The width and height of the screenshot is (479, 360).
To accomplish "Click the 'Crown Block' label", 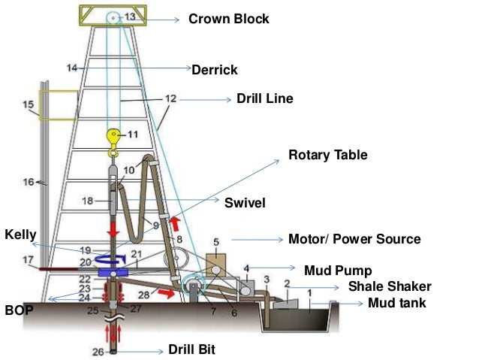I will point(228,19).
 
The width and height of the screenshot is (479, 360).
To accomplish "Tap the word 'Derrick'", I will point(215,70).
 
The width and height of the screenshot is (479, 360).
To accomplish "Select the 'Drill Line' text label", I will point(264,98).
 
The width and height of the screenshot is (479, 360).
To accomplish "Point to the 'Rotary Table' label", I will point(328,156).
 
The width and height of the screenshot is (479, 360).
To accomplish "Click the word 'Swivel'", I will point(246,202).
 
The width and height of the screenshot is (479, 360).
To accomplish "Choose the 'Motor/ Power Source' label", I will point(354,239).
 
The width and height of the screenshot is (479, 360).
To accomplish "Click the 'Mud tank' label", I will point(397,304).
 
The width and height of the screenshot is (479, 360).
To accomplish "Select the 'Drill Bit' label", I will point(191,349).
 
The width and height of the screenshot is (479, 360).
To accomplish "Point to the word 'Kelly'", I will point(21,235).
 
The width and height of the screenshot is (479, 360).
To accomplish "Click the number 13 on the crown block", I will point(131,15).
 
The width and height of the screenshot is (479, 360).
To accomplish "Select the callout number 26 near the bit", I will point(98,349).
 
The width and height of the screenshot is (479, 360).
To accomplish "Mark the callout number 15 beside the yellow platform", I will point(29,105).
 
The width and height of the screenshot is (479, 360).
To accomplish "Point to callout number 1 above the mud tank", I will point(309,290).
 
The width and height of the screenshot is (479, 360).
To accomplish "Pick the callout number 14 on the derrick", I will point(71,68).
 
